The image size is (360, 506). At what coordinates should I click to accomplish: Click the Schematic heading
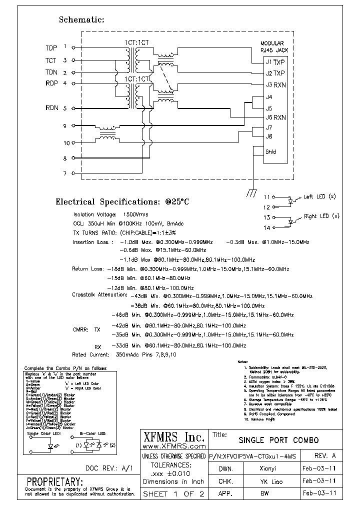tap(81, 20)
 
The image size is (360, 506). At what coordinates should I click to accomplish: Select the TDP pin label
tap(51, 48)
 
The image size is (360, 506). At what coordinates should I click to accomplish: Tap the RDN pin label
tap(51, 108)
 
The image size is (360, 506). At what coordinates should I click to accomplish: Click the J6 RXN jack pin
tap(275, 118)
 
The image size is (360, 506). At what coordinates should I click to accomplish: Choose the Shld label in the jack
tap(271, 152)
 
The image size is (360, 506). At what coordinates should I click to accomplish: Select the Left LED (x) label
tap(321, 197)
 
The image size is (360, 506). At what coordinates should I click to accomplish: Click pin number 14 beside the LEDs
tap(266, 228)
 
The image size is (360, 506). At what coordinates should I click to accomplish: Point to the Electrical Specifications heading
tap(122, 202)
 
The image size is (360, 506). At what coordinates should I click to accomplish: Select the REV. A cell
tap(325, 456)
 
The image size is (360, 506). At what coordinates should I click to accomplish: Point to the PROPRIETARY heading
tap(54, 481)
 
